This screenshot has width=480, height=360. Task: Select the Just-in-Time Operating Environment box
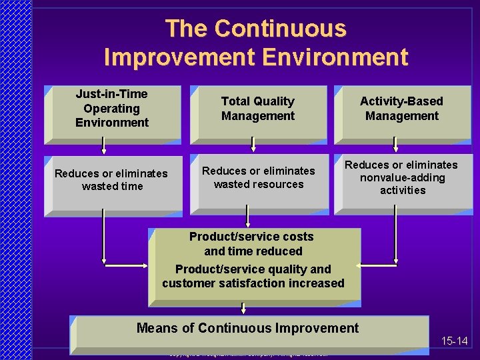click(112, 114)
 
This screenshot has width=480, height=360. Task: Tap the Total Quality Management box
click(258, 114)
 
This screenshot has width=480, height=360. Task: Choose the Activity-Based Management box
click(402, 114)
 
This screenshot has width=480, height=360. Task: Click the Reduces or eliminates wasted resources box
click(259, 185)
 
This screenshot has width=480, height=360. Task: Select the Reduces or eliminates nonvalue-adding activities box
click(402, 185)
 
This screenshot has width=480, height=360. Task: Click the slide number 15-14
click(455, 341)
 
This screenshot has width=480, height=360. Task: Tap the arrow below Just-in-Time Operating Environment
click(103, 145)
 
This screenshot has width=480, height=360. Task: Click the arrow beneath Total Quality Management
click(253, 143)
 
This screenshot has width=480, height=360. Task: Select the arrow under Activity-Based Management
click(395, 144)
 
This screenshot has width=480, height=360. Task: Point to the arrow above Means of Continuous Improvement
click(243, 307)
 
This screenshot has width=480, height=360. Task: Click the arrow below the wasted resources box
click(248, 217)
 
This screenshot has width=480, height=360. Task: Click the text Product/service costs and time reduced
click(252, 244)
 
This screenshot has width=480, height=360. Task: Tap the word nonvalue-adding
click(402, 177)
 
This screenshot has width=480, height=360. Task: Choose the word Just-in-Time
click(111, 94)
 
